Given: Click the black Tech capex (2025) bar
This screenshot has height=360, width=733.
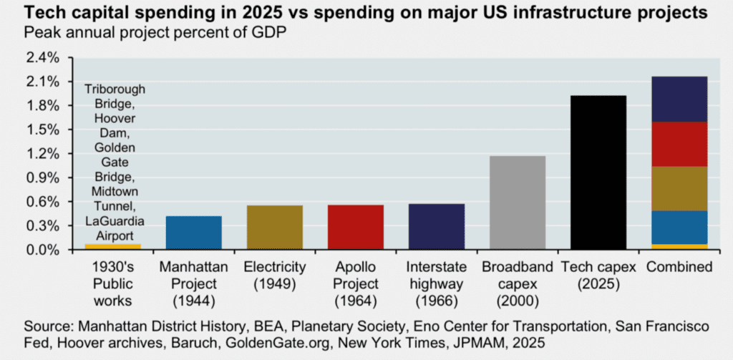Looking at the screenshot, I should (597, 172).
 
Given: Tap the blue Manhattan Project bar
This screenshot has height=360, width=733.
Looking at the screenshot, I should (193, 233).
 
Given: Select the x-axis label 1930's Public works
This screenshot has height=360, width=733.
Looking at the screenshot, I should (112, 283).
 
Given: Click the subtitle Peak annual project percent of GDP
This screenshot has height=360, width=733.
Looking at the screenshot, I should (150, 32).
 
